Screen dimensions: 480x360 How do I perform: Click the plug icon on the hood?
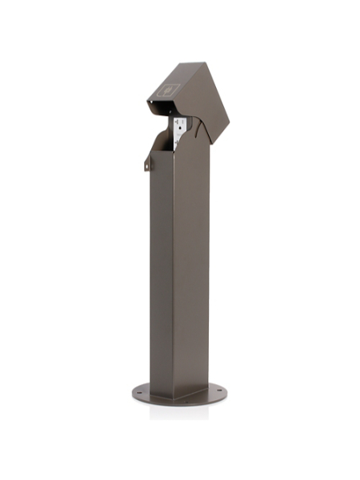(x=168, y=90)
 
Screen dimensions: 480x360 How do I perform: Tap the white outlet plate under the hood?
(x=181, y=130)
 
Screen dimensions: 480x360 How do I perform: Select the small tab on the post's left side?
(x=147, y=163)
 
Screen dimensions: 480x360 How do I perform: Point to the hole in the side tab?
(x=146, y=166)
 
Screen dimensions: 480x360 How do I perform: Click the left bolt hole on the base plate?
(x=142, y=393)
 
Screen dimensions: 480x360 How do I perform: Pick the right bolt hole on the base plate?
(x=214, y=390)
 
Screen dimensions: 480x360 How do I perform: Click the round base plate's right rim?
(x=225, y=393)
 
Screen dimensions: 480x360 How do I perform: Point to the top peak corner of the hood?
(x=198, y=63)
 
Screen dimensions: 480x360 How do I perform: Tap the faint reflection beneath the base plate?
(x=180, y=411)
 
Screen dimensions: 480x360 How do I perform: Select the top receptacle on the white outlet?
(x=181, y=125)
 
